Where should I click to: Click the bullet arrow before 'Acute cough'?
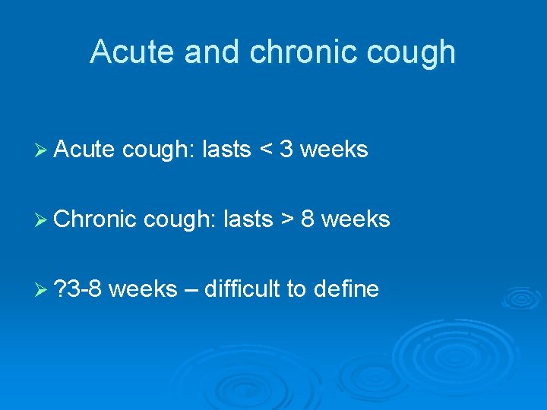click(42, 150)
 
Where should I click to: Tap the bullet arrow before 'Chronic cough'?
click(42, 219)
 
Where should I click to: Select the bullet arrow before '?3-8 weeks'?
click(42, 289)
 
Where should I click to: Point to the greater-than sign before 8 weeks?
click(287, 219)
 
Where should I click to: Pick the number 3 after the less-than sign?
click(286, 150)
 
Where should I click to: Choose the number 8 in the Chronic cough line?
click(308, 219)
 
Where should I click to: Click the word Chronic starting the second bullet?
click(96, 219)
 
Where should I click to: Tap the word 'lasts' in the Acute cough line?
click(226, 150)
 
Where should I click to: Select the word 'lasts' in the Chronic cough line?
click(248, 219)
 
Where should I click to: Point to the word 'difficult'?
click(241, 289)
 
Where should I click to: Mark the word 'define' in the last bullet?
click(345, 289)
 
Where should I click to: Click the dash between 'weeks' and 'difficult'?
click(190, 289)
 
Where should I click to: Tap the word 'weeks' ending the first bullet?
click(334, 150)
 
